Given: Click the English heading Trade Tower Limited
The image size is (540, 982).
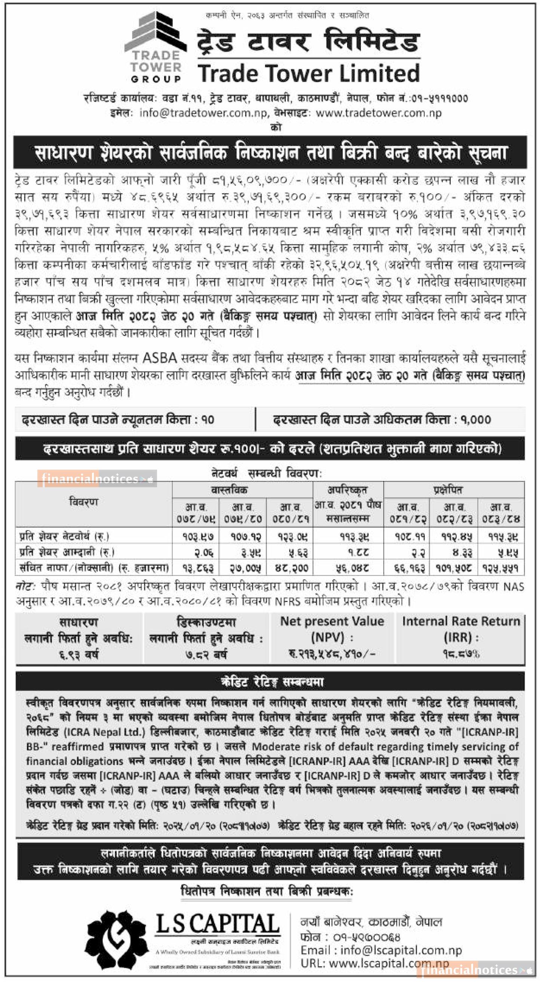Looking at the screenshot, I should [309, 73].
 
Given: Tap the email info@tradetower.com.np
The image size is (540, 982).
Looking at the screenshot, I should [203, 113].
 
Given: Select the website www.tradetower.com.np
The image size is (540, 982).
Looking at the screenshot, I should [378, 113].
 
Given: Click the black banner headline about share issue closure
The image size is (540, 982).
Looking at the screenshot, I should [270, 152].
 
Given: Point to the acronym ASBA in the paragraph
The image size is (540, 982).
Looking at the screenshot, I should [160, 358].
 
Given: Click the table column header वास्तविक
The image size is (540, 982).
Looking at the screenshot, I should [242, 490].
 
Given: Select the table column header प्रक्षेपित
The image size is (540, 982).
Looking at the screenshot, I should [453, 490].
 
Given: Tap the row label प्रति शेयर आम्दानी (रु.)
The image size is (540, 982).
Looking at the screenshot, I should [67, 552].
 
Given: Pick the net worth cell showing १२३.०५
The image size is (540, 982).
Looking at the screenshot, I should [290, 537].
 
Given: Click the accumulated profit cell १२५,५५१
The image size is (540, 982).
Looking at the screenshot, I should [501, 568].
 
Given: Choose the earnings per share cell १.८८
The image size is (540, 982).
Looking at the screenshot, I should [348, 552].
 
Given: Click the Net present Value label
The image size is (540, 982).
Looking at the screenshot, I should [332, 622].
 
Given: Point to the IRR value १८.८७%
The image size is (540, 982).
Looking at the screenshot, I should [461, 654].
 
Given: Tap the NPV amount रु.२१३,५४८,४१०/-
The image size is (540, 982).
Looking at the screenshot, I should [332, 654].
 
